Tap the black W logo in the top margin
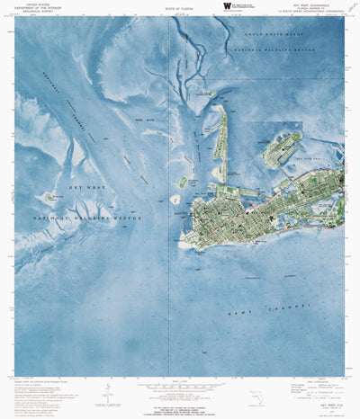228,6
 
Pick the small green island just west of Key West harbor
182,182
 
